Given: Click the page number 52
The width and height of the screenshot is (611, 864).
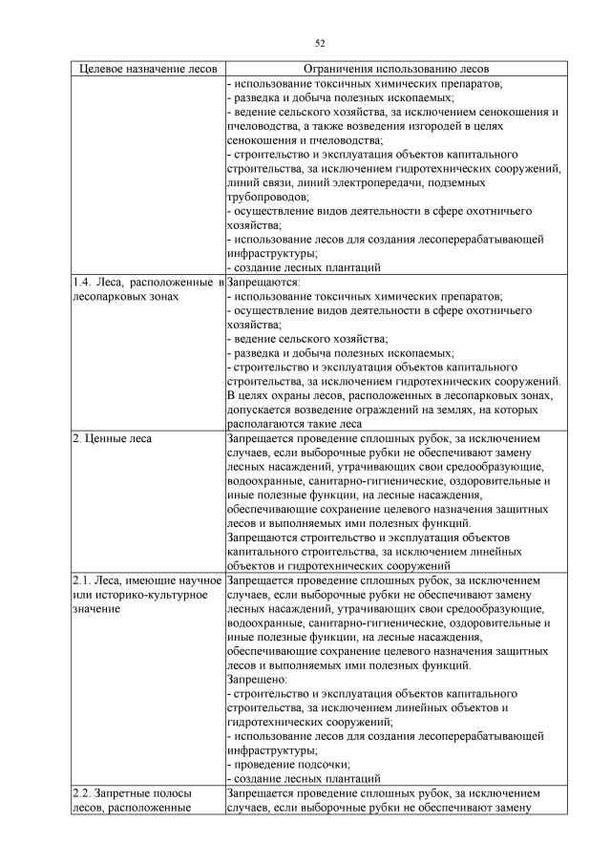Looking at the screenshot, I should point(318,42).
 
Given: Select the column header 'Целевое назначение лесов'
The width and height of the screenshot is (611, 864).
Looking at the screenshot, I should point(148,70).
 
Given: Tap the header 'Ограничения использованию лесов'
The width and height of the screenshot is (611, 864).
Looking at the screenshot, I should point(394,70).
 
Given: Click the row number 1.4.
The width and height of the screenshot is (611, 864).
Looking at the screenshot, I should point(82,283).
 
